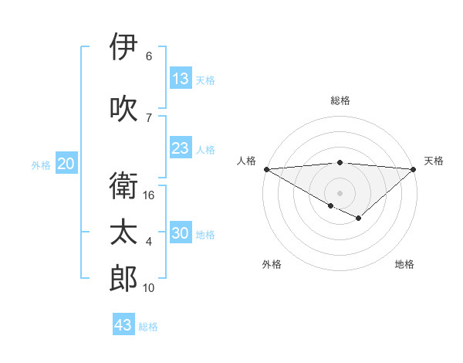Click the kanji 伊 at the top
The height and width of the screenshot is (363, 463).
[123, 47]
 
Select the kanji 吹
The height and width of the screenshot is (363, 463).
[123, 108]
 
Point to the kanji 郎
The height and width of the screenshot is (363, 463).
[123, 279]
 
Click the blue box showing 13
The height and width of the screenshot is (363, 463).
[181, 79]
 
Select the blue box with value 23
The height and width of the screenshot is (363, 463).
[181, 148]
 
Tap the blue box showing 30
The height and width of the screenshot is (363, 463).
[181, 233]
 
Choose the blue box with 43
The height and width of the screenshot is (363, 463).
[123, 325]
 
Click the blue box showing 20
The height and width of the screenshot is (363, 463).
[66, 164]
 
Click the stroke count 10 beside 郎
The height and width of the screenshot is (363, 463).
[149, 288]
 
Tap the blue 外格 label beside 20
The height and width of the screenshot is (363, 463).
[41, 165]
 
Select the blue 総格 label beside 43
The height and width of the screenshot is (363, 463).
[148, 326]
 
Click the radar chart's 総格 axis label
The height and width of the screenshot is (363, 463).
[340, 100]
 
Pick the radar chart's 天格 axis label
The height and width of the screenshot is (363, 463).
[434, 161]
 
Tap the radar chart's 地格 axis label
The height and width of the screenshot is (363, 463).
[404, 264]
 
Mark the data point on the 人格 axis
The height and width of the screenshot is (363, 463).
[266, 168]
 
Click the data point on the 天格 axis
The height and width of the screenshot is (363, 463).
[414, 168]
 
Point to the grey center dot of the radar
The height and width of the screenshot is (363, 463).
[340, 192]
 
